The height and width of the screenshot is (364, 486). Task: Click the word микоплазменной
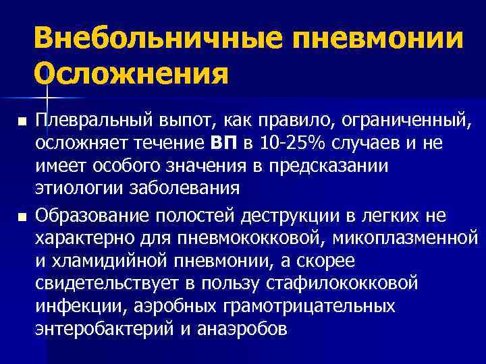pyautogui.click(x=412, y=238)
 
